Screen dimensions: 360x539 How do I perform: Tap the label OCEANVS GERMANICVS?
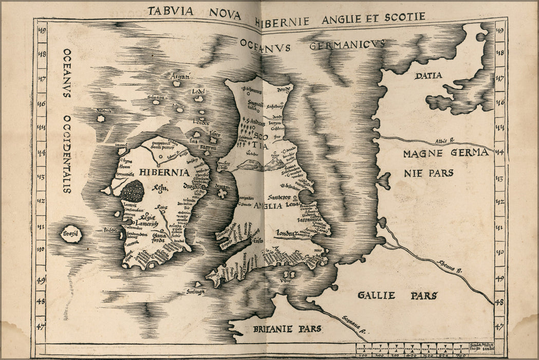pyautogui.click(x=312, y=46)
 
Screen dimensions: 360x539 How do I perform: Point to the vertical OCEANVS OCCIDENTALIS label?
pyautogui.click(x=67, y=120)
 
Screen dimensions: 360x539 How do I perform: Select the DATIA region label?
pyautogui.click(x=428, y=76)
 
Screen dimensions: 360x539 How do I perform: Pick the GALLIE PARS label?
pyautogui.click(x=397, y=295)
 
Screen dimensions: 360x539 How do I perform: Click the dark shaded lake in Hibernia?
pyautogui.click(x=133, y=191)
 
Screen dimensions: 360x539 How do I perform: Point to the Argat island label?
pyautogui.click(x=180, y=77)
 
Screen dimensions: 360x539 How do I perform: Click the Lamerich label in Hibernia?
pyautogui.click(x=146, y=225)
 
